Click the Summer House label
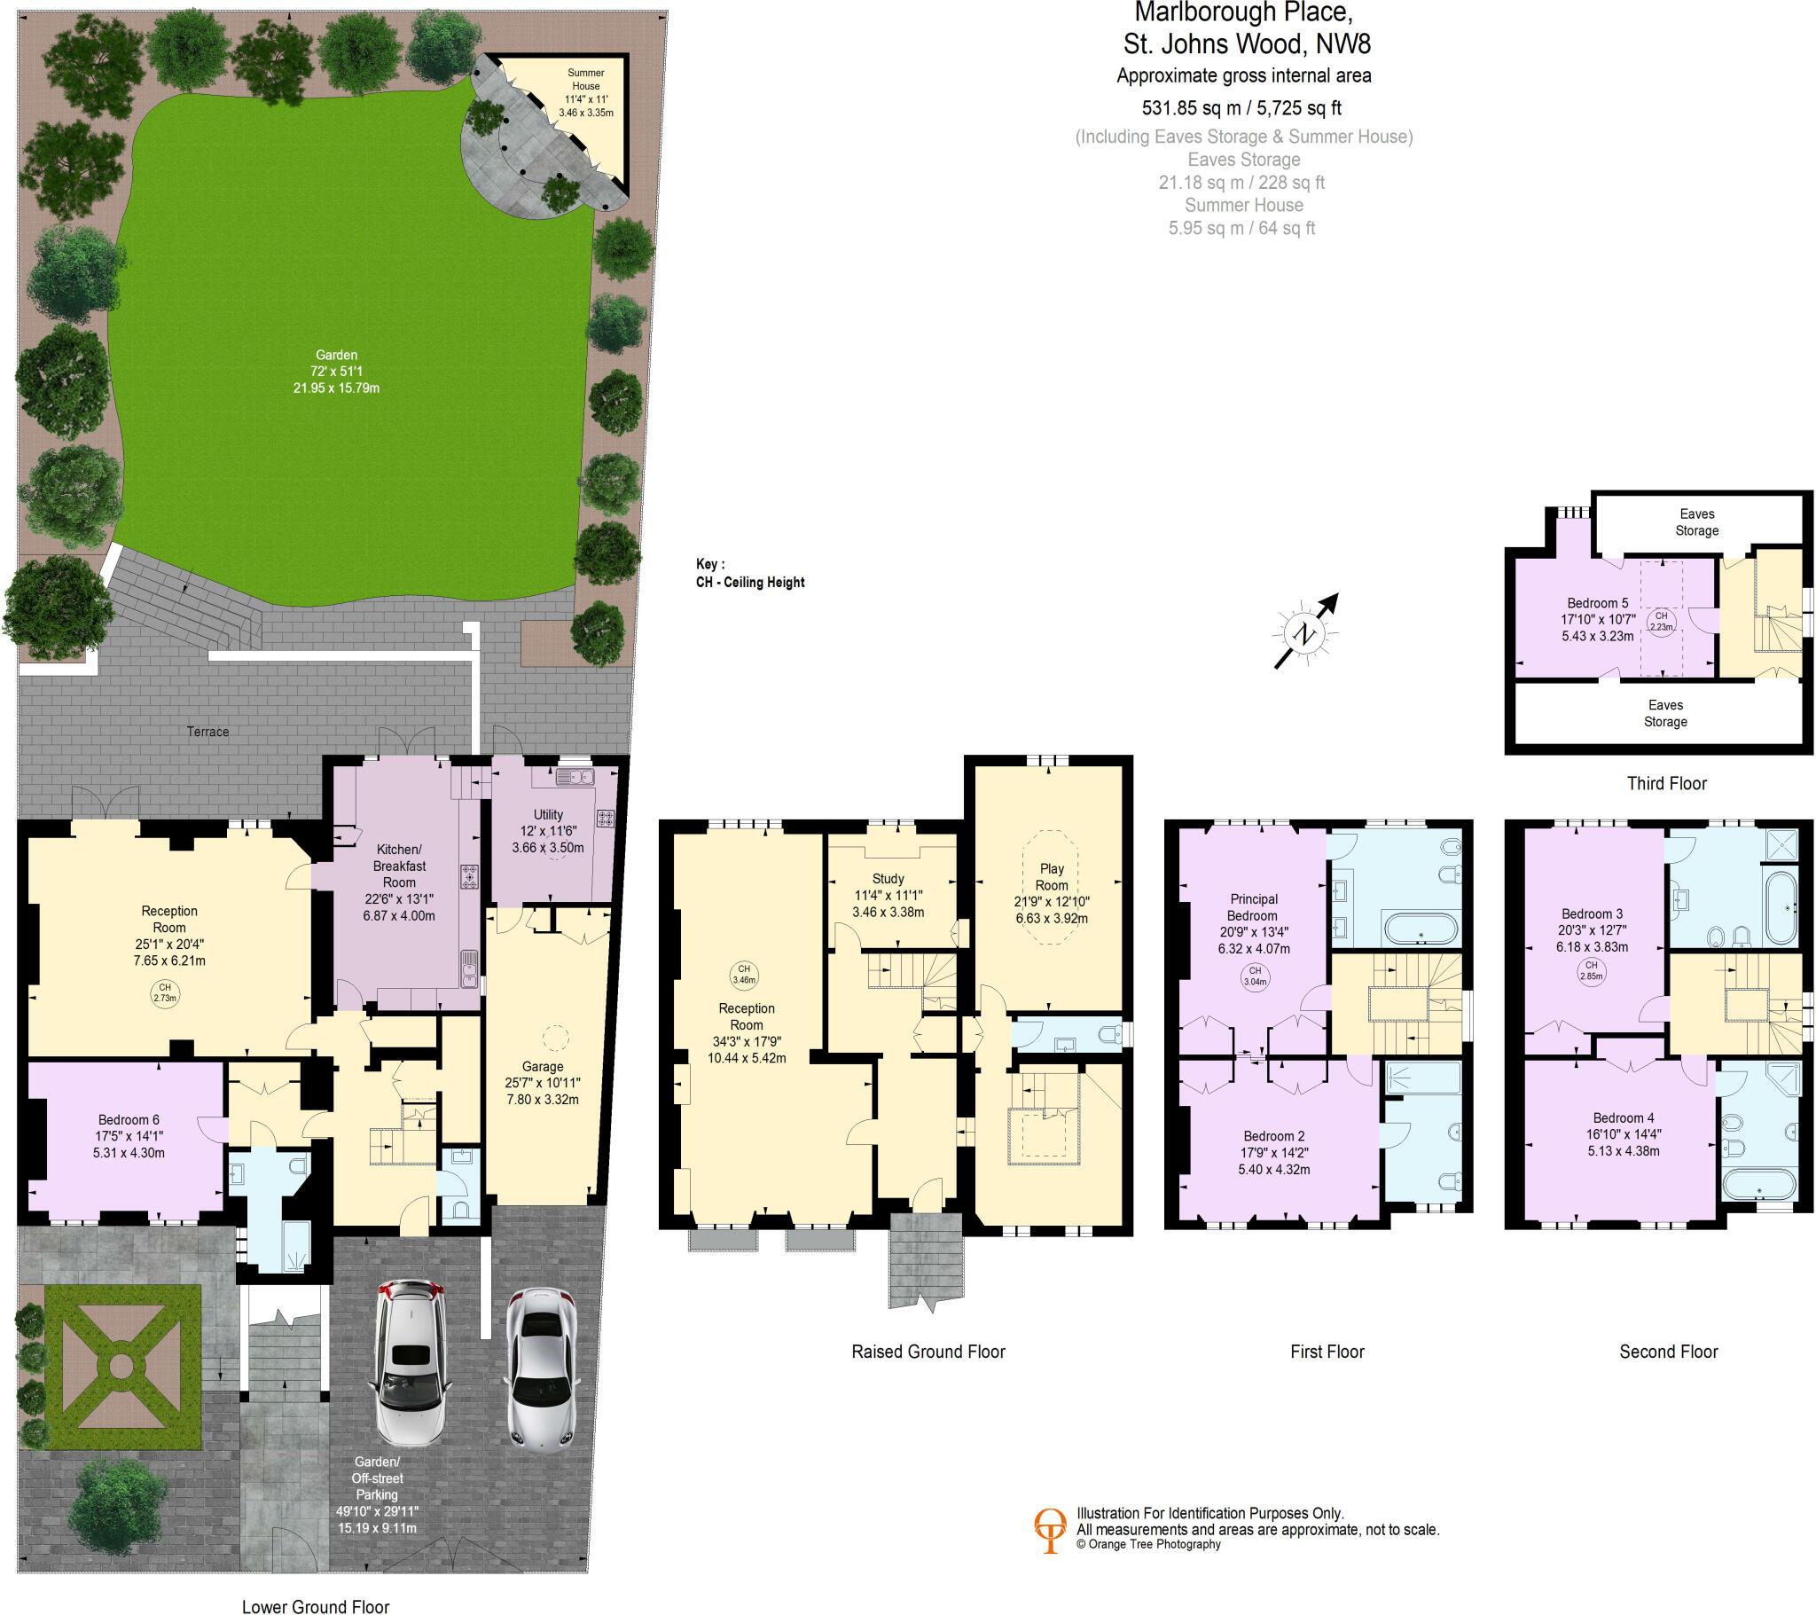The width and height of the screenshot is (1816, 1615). pos(585,79)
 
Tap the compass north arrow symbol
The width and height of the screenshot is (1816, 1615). pos(1305,632)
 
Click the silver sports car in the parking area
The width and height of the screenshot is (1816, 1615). pos(542,1368)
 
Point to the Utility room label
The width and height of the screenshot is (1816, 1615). pos(548,814)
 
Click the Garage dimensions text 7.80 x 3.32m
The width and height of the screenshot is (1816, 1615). pos(542,1100)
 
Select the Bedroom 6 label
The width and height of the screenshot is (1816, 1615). pos(129,1120)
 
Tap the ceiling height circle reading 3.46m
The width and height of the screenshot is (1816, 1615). pos(744,974)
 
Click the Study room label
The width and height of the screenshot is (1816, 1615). pos(888,878)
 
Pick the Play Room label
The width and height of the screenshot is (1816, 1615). pos(1051,876)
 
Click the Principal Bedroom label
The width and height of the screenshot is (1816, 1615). pos(1253,906)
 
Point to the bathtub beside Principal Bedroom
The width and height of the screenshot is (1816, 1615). pos(1420,929)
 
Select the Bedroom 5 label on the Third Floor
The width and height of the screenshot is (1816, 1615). pos(1598,602)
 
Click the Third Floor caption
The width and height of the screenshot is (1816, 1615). pos(1666,783)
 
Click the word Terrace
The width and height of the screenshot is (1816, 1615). pos(207,732)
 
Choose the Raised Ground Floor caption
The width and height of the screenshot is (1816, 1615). pos(928,1352)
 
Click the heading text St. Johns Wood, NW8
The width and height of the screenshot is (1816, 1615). pos(1246,43)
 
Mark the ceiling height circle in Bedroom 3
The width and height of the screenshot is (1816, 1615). pos(1592,969)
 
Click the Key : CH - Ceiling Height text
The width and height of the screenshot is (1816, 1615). pos(750,573)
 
